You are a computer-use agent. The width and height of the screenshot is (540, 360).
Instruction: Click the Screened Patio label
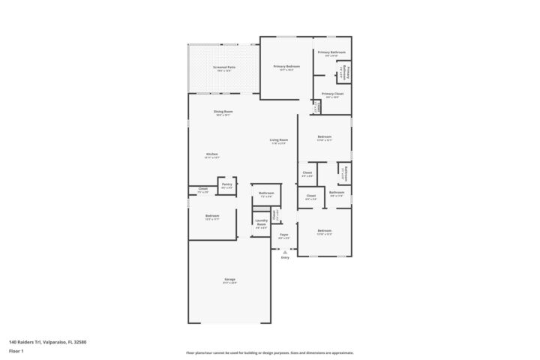coord(224,67)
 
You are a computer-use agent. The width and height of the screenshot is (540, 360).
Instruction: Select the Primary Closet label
coord(333,94)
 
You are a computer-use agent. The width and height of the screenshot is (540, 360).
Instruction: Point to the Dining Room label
coord(223,112)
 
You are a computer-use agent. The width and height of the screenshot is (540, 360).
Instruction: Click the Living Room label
coord(279,140)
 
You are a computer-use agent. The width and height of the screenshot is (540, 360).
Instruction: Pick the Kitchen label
coord(212,154)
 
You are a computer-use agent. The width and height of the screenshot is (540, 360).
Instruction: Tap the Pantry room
coord(226,185)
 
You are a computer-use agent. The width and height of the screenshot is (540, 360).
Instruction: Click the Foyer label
coord(284,235)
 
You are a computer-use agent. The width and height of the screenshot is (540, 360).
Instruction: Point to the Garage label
coord(229,280)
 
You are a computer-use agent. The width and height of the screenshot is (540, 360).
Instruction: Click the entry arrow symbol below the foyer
coord(285,252)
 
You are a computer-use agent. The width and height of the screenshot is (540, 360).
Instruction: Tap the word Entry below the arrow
coord(285,258)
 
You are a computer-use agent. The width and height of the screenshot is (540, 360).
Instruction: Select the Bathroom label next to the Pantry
coord(266,193)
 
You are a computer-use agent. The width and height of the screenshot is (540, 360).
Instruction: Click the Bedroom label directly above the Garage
coord(212,216)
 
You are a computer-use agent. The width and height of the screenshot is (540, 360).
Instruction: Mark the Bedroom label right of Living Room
coord(324,137)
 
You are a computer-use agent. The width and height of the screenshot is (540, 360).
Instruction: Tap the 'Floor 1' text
coord(16,351)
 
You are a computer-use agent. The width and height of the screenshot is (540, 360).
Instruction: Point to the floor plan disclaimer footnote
coord(270,352)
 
